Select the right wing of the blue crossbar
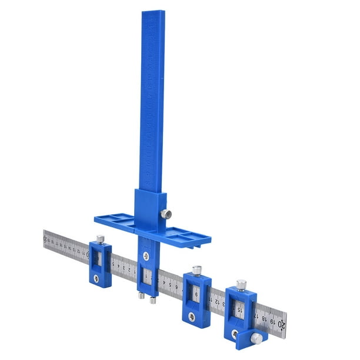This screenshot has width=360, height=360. pyautogui.click(x=188, y=236)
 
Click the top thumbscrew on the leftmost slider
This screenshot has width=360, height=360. pyautogui.click(x=101, y=239)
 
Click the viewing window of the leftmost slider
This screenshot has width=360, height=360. pyautogui.click(x=99, y=259)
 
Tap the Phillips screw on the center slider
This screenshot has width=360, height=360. pyautogui.click(x=144, y=255)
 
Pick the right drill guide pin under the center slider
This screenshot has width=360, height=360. pyautogui.click(x=152, y=299)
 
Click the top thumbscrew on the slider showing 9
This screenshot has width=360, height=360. pyautogui.click(x=196, y=270)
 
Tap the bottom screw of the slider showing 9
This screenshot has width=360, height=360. pyautogui.click(x=191, y=316)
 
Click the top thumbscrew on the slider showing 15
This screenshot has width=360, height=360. pyautogui.click(x=241, y=285)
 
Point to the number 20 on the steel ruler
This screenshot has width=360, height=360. pyautogui.click(x=282, y=323)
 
